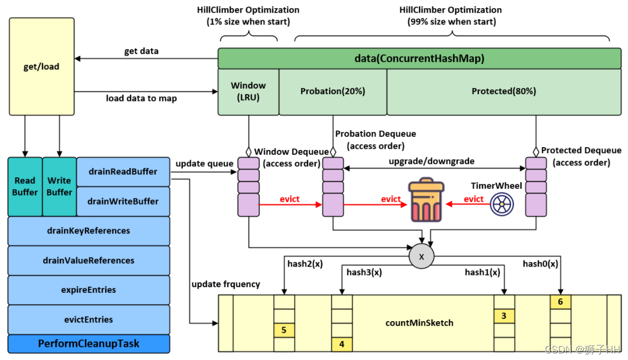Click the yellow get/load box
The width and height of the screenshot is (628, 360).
[x=42, y=66]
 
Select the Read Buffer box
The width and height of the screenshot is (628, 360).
[x=25, y=186]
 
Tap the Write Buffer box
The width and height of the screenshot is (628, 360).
[x=59, y=186]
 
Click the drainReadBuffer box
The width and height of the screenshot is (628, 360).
[x=123, y=172]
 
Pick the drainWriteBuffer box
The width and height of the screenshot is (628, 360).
[x=123, y=201]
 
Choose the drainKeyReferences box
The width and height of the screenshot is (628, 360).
[x=89, y=230]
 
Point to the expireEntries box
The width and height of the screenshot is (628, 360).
[x=89, y=290]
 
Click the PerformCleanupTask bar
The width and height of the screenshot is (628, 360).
[x=89, y=344]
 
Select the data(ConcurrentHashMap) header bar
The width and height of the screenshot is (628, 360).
[x=419, y=59]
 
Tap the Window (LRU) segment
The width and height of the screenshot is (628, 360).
[x=248, y=91]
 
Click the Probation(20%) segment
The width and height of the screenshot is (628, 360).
[x=332, y=91]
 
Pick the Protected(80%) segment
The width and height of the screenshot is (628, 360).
[x=504, y=91]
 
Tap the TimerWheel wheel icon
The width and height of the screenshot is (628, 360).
[x=502, y=204]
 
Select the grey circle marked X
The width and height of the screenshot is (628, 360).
[x=422, y=257]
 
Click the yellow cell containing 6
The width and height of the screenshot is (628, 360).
[x=560, y=301]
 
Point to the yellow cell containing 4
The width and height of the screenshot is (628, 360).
[x=342, y=344]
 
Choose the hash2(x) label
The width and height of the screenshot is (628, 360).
[x=305, y=264]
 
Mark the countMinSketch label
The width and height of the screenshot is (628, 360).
[x=419, y=323]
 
